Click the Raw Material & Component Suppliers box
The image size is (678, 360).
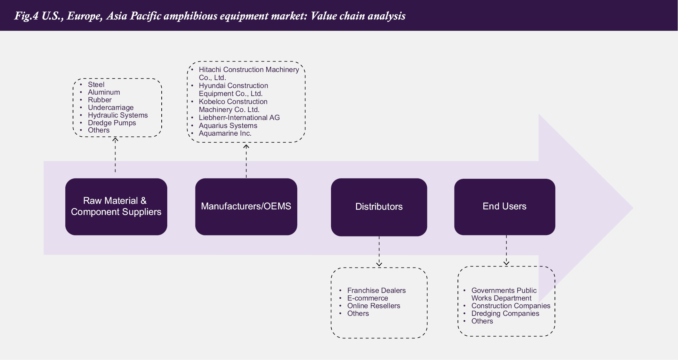pos(116,207)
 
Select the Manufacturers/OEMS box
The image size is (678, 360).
pos(246,207)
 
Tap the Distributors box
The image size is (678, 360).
pos(379,207)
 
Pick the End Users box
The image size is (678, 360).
pos(505,207)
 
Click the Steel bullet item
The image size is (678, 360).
pos(96,85)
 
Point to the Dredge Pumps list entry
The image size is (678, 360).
pos(112,123)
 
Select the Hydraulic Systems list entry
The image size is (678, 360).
pos(118,115)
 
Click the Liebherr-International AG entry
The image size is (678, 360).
pos(239,118)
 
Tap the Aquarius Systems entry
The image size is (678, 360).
pos(228,126)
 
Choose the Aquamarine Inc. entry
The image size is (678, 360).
pos(225,133)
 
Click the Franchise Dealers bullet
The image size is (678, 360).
pos(376,290)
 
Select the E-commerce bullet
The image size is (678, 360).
pos(368,298)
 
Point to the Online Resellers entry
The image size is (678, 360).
pos(373,306)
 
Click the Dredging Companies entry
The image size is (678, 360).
pos(505,313)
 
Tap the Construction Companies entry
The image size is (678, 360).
pos(510,306)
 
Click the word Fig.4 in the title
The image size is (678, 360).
pos(26,16)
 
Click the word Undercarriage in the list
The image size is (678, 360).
pos(111,107)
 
